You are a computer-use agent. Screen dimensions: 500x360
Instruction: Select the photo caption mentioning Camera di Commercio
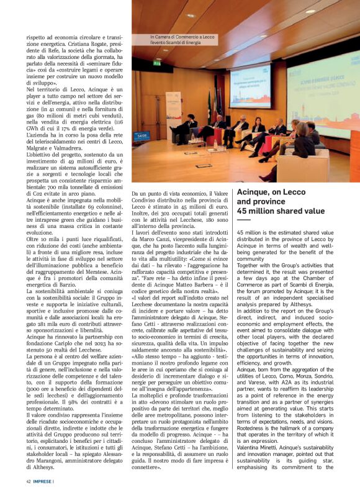[x=182, y=39]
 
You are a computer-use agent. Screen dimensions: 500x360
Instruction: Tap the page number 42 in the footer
[x=29, y=480]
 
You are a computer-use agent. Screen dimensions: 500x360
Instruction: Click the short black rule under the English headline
[x=243, y=220]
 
